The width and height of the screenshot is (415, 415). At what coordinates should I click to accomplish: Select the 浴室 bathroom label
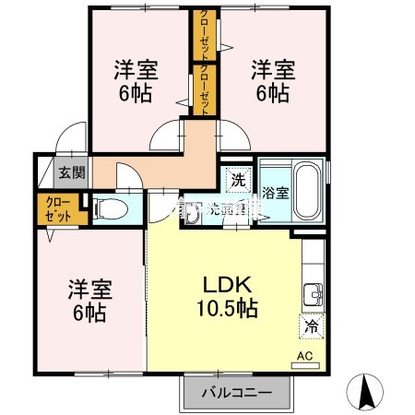tap(274, 194)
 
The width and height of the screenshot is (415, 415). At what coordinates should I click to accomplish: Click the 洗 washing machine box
tap(238, 180)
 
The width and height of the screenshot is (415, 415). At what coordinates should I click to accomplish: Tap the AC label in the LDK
tap(303, 355)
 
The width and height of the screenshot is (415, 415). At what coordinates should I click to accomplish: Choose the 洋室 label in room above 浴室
tap(274, 67)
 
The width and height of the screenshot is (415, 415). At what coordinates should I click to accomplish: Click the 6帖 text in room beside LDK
tap(89, 313)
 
